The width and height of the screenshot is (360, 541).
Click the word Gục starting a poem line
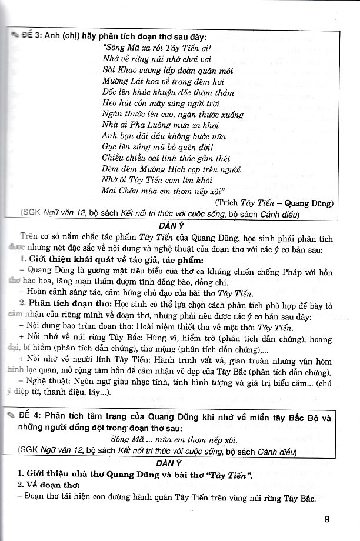109,148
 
